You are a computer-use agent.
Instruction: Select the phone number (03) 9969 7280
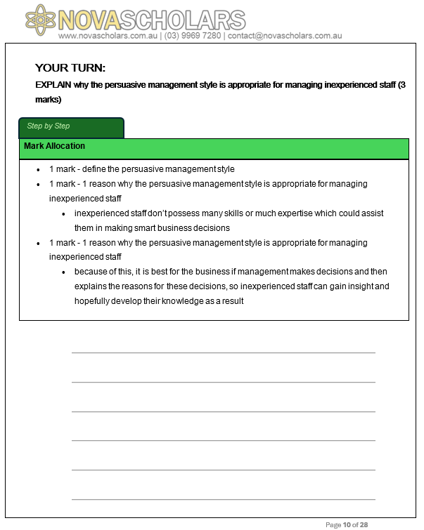pyautogui.click(x=192, y=36)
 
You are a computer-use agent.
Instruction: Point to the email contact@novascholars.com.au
pyautogui.click(x=285, y=36)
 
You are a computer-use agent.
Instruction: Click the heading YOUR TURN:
pyautogui.click(x=70, y=68)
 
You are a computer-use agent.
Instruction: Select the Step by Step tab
pyautogui.click(x=49, y=126)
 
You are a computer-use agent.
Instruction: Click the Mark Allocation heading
pyautogui.click(x=54, y=146)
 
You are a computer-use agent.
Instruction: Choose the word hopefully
pyautogui.click(x=94, y=301)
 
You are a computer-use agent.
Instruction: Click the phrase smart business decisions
pyautogui.click(x=190, y=228)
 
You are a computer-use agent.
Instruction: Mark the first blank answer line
pyautogui.click(x=223, y=352)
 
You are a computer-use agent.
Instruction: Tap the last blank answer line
pyautogui.click(x=223, y=499)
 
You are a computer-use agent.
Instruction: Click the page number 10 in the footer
pyautogui.click(x=347, y=524)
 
